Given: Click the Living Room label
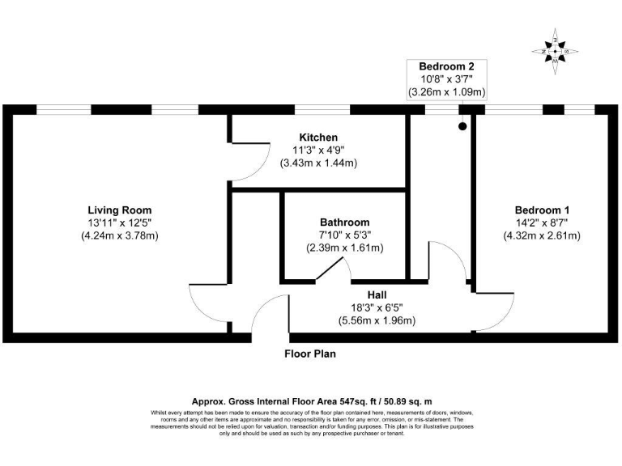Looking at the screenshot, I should [120, 210].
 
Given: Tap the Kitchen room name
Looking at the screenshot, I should [318, 138].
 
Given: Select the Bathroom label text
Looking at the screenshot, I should [344, 222].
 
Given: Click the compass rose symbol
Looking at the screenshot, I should [555, 51].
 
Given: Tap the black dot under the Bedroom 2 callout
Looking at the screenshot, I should [462, 126].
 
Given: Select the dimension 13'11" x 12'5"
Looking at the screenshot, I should [120, 223].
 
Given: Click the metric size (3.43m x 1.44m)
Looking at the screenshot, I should [318, 163].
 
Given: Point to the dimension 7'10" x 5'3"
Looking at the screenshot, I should [344, 235].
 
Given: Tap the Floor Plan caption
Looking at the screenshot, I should [309, 354].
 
